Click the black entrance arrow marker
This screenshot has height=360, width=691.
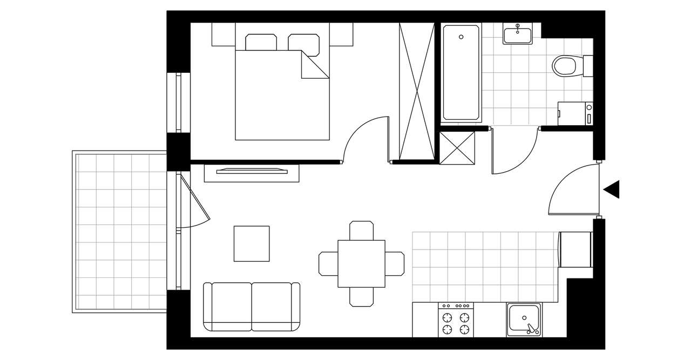coord(612,189)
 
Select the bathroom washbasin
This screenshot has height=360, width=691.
coord(518,35)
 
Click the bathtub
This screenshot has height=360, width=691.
coord(461,72)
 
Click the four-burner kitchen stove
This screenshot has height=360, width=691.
coord(456,320)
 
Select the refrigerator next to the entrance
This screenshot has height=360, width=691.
coord(575,249)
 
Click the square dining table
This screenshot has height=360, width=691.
coord(361,264)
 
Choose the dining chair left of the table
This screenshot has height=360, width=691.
coord(328,263)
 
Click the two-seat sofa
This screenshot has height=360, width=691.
coord(252,306)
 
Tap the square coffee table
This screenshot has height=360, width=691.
coord(252,243)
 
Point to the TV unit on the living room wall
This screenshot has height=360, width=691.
coord(252,172)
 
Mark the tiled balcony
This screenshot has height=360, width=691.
coord(120,232)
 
